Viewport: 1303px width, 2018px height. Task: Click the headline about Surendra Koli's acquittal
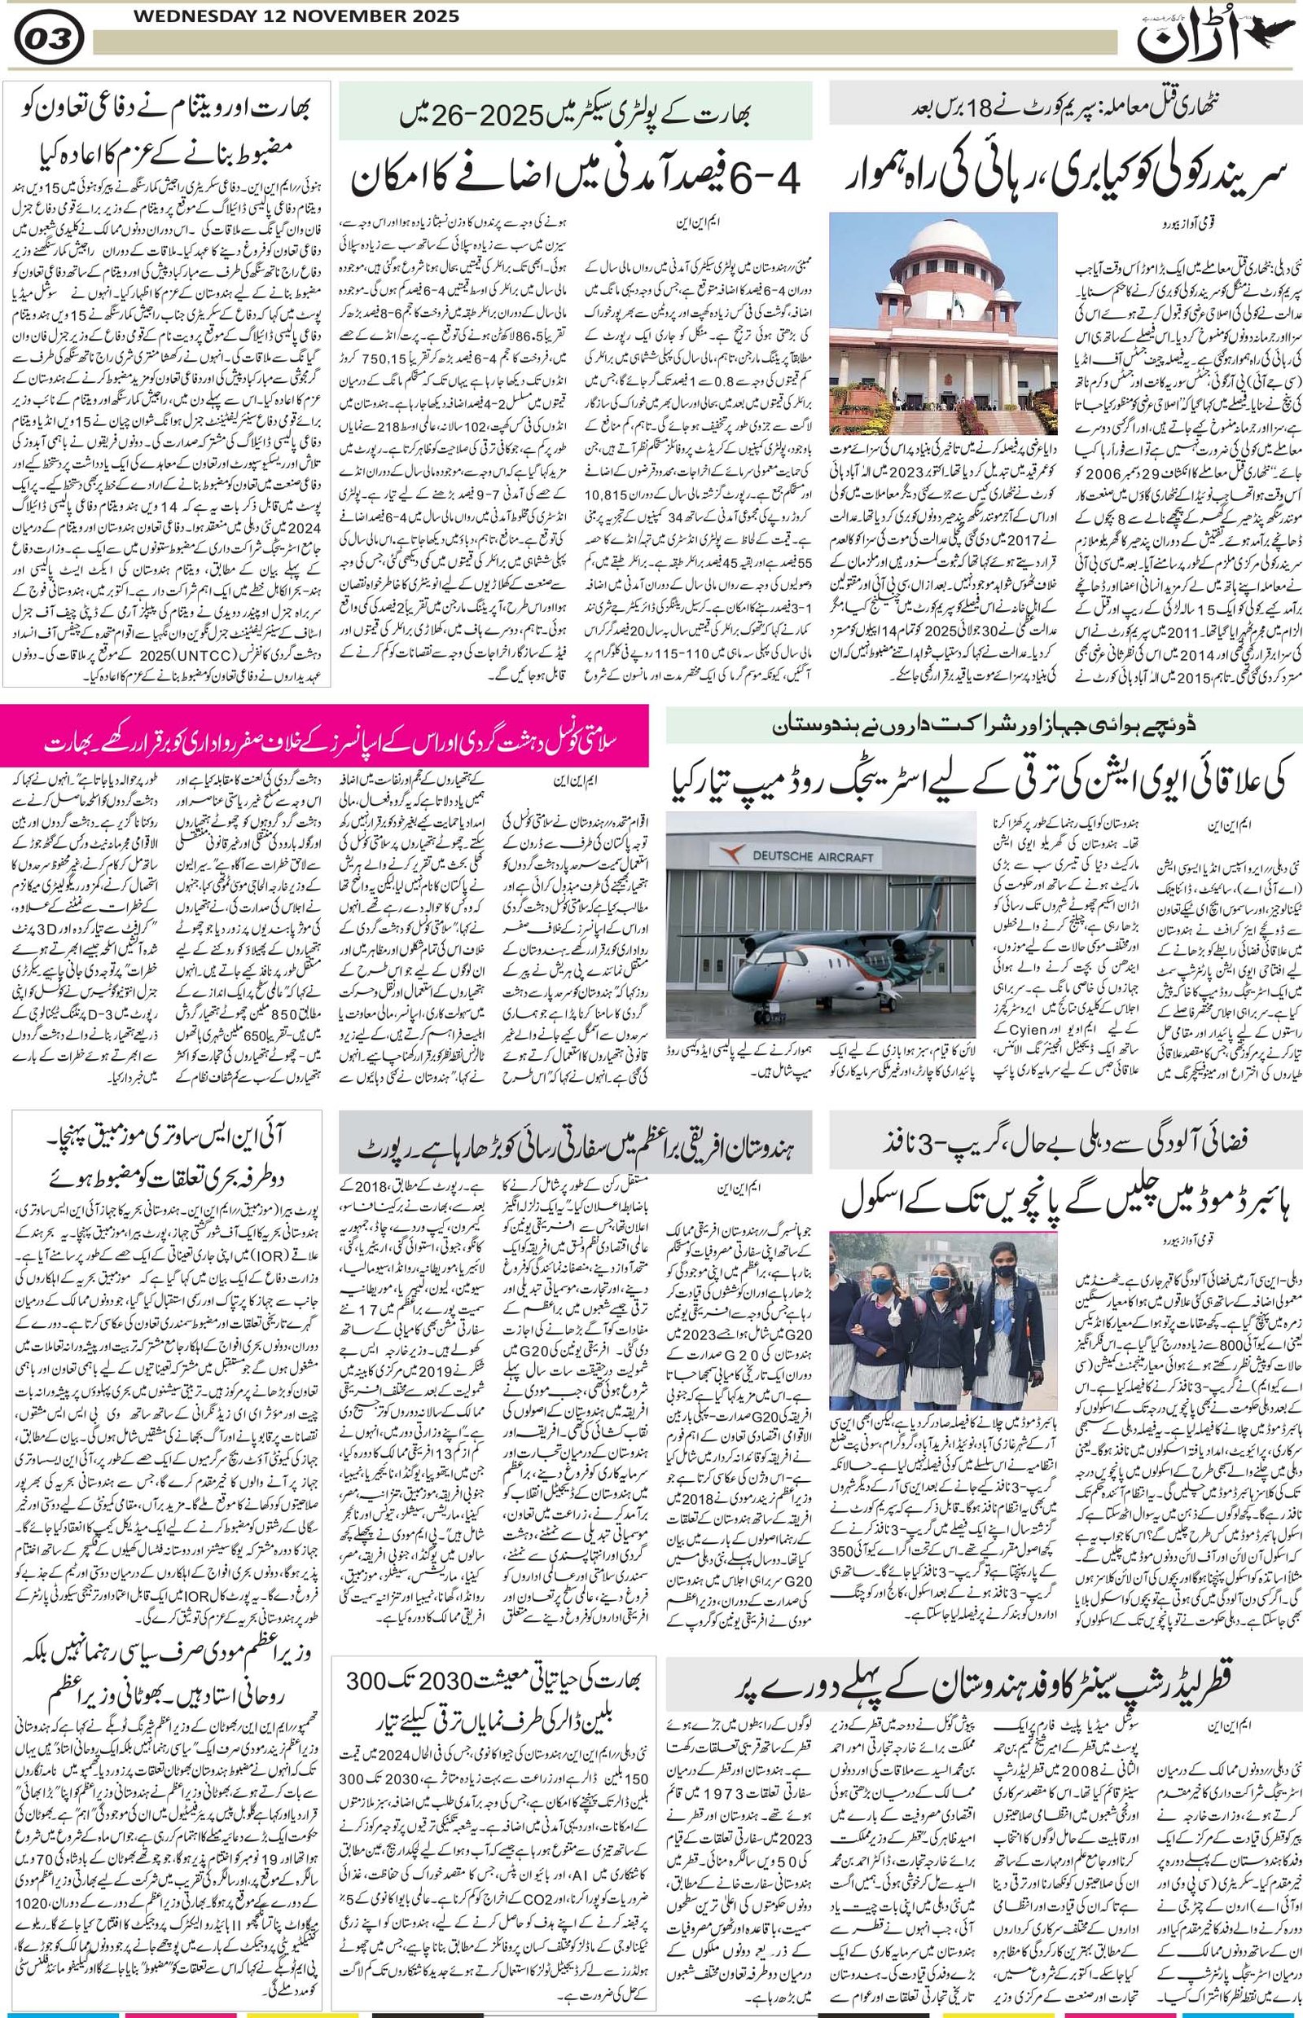(1062, 175)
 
